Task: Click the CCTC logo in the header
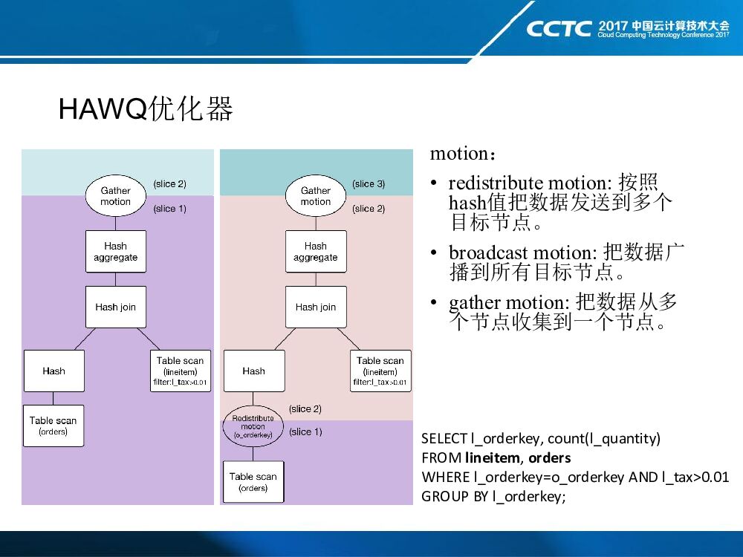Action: [559, 29]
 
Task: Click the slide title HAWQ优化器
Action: [146, 109]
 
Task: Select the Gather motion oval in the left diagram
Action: [115, 196]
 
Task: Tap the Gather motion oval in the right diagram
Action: [315, 196]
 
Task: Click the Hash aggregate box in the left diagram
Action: [115, 252]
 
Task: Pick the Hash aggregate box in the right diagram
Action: [315, 252]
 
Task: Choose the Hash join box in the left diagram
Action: [115, 307]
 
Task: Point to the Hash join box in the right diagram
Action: [315, 307]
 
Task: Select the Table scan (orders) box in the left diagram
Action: [53, 426]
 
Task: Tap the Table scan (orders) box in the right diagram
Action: [253, 482]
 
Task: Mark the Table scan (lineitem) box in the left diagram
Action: [180, 371]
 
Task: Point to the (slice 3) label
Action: [369, 184]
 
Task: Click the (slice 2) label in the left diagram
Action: [169, 184]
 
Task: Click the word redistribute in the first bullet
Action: [496, 183]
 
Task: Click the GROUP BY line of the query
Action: [493, 496]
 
